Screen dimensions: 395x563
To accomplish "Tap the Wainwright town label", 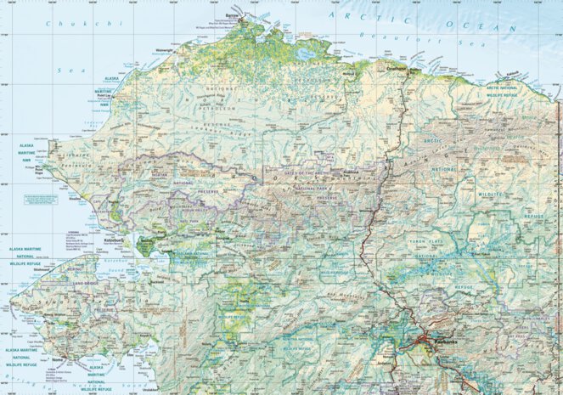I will click(146, 50).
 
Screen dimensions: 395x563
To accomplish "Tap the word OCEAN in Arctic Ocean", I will click(495, 28).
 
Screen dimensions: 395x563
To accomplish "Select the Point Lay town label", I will click(105, 99).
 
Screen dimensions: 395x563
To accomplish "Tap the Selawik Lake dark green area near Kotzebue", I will click(145, 247).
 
